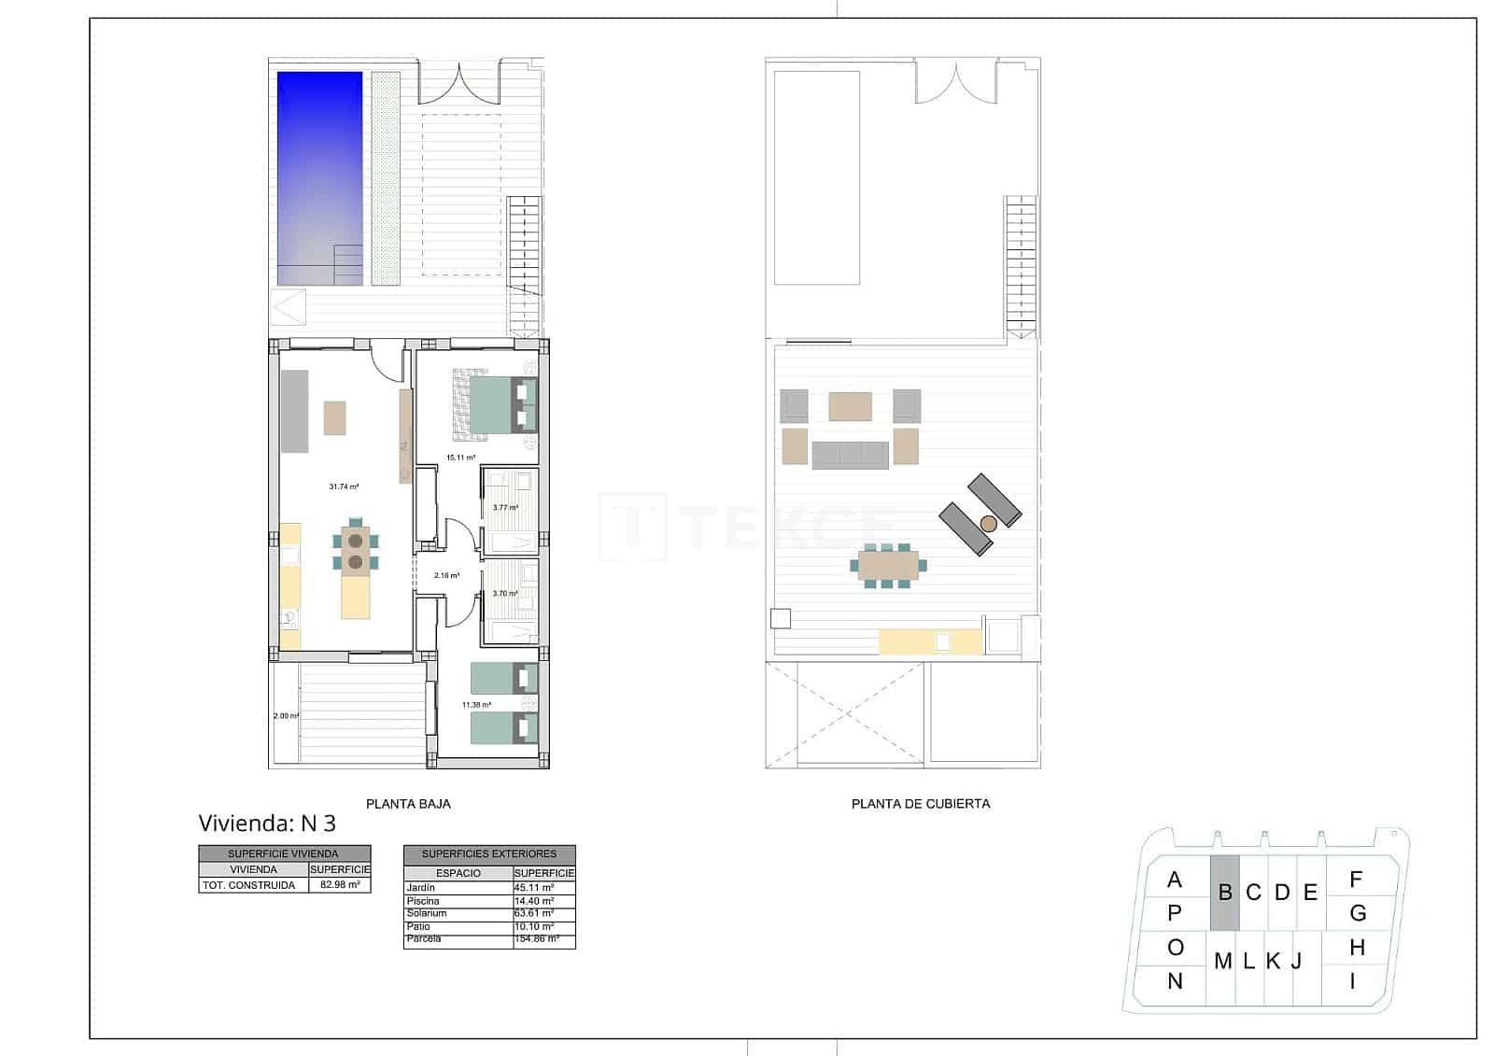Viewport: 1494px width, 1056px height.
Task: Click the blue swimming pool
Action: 319,177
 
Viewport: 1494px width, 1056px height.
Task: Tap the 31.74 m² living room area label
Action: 344,486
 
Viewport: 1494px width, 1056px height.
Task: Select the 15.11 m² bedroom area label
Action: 460,458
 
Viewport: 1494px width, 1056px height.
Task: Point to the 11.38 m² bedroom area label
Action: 476,705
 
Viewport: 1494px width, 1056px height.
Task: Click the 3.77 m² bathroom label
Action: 505,508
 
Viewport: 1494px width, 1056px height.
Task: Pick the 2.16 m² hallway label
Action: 446,575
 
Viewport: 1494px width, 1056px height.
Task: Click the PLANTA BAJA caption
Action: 408,803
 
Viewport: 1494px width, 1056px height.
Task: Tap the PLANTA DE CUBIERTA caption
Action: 920,803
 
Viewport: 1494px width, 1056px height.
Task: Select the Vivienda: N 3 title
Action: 267,824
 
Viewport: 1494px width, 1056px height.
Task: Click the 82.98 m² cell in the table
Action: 339,884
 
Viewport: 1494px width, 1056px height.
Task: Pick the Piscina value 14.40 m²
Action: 534,901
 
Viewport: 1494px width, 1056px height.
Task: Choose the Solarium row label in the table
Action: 427,913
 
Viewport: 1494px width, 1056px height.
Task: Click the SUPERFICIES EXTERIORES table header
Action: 488,853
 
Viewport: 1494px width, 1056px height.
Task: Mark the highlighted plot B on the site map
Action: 1225,893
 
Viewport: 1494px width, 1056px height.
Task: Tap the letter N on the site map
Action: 1175,981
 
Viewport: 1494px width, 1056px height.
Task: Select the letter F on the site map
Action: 1356,879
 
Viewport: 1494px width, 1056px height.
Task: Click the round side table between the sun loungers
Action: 989,524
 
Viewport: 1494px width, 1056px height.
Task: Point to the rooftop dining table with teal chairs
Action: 888,564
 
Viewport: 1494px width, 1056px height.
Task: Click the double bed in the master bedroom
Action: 495,404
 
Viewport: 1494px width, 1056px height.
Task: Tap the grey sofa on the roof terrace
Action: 850,455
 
